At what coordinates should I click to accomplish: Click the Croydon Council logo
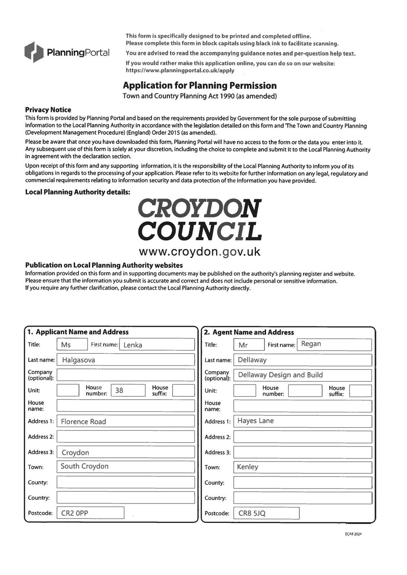[200, 220]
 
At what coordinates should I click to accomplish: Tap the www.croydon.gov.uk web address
[199, 252]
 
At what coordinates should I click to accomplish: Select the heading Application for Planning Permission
[200, 86]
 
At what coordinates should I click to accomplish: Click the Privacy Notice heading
[48, 110]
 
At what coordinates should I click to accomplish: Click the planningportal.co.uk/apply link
[180, 70]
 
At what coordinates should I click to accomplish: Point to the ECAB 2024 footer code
[353, 534]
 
